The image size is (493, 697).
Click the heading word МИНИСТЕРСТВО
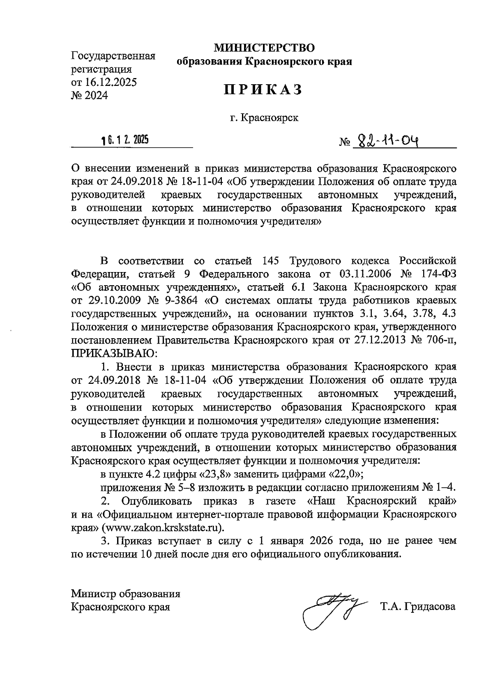point(264,48)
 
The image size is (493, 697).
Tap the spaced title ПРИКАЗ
point(263,89)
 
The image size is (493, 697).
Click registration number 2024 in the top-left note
point(95,96)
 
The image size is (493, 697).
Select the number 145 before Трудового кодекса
point(270,261)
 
